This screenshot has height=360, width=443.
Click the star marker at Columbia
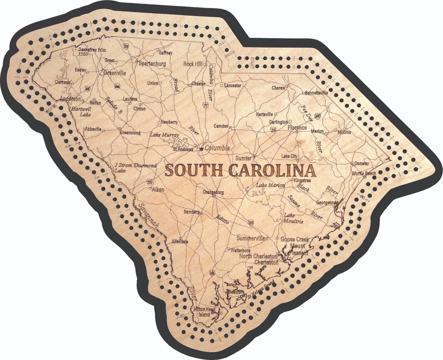coord(201,149)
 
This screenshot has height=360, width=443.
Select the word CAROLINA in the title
coord(272,170)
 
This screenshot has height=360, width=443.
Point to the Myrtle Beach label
coord(364,173)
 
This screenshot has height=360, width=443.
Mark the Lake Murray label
coord(165,135)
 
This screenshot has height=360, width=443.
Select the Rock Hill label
coord(193,64)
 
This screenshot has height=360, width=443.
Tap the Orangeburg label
coord(213,192)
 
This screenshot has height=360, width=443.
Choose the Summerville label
coord(251,238)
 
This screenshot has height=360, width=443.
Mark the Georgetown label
coord(327,202)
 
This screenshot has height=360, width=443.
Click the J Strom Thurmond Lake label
coord(129,167)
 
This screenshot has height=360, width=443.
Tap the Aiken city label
coord(158,189)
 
